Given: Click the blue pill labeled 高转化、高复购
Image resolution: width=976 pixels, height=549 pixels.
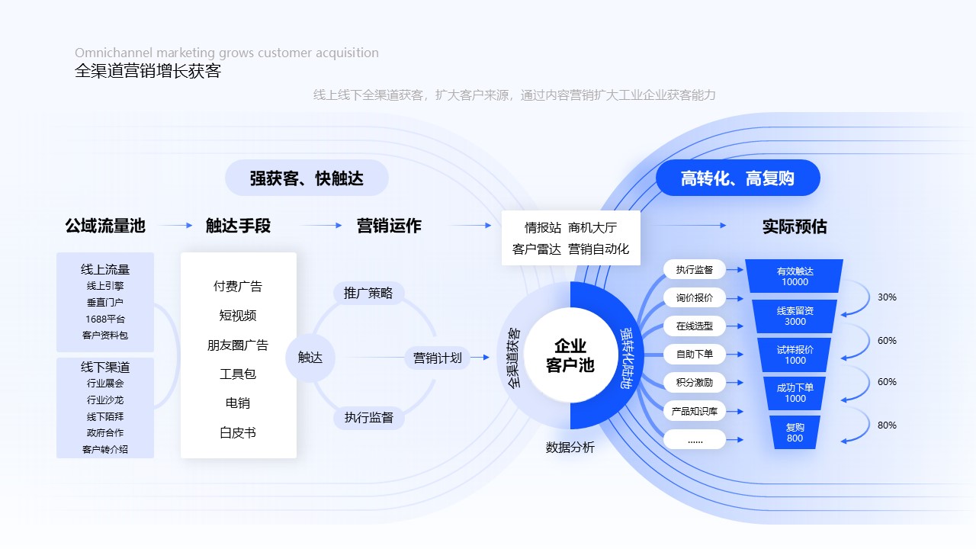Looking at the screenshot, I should pyautogui.click(x=737, y=178).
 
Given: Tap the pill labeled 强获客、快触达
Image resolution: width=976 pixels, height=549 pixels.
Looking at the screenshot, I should pyautogui.click(x=307, y=178).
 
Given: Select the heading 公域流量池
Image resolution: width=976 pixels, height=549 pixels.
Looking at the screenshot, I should pyautogui.click(x=105, y=226).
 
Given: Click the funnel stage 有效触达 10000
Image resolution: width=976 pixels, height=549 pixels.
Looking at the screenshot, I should pyautogui.click(x=795, y=276).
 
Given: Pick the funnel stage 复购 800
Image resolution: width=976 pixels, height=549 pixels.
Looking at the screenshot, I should pyautogui.click(x=795, y=432).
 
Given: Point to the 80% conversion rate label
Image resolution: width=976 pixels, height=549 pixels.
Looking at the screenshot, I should pyautogui.click(x=887, y=425).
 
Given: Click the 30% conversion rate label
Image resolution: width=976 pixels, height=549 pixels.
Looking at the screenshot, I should pyautogui.click(x=887, y=297).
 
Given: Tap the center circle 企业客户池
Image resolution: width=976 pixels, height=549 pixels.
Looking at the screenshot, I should pyautogui.click(x=570, y=355).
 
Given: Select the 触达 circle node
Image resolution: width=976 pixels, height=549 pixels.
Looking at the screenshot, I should pyautogui.click(x=310, y=358).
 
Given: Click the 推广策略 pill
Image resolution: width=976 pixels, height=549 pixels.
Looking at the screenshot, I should pyautogui.click(x=368, y=293).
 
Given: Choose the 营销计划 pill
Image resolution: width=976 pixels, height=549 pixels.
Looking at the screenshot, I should pyautogui.click(x=437, y=358).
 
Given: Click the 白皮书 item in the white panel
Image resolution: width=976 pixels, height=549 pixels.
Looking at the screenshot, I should pyautogui.click(x=238, y=432).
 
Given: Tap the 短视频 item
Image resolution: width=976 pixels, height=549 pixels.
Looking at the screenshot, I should pyautogui.click(x=238, y=316).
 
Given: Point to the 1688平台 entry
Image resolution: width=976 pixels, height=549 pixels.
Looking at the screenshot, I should pyautogui.click(x=105, y=319).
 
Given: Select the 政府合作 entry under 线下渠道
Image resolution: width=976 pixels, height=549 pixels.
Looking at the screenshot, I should pyautogui.click(x=105, y=432).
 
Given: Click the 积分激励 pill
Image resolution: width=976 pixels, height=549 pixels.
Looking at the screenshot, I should pyautogui.click(x=694, y=383).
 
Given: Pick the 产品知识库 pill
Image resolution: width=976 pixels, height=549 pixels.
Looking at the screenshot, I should pyautogui.click(x=694, y=411).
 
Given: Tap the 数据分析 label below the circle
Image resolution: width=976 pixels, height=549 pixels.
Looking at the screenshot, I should pyautogui.click(x=570, y=448).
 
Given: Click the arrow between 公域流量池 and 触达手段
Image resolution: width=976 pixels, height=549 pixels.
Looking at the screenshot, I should pyautogui.click(x=176, y=226).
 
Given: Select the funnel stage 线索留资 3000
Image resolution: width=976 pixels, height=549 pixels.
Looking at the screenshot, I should pyautogui.click(x=795, y=316).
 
